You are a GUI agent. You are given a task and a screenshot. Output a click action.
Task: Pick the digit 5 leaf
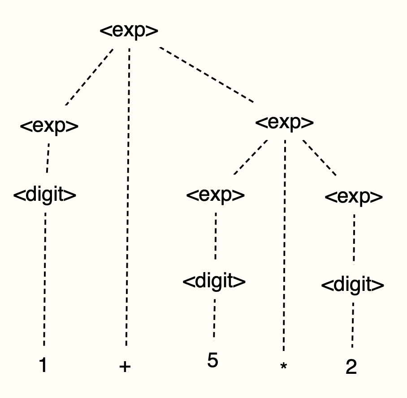tap(213, 360)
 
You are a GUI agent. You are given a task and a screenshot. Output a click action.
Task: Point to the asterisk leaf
tap(283, 367)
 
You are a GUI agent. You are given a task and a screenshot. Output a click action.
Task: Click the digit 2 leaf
tap(351, 368)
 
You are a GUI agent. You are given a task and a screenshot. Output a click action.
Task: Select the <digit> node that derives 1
tap(44, 196)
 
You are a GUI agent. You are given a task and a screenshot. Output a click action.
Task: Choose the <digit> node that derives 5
tap(214, 281)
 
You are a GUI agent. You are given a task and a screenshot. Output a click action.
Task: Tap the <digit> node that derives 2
tap(353, 285)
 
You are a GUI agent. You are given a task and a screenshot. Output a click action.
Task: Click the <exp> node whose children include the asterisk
tap(284, 122)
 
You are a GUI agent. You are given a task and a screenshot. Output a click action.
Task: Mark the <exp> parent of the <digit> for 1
tap(49, 126)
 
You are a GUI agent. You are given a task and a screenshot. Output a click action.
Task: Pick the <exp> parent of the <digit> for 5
tap(216, 195)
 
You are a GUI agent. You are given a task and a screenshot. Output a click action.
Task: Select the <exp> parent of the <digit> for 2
tap(354, 197)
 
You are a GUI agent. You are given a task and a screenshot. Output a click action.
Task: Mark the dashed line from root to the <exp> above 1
tap(90, 76)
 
